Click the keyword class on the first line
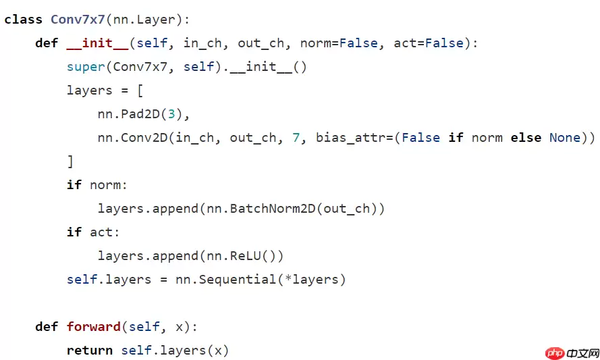pos(23,20)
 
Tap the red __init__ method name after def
pos(97,43)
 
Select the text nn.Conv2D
pos(132,138)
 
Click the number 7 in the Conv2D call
pos(296,138)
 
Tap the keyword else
pos(526,138)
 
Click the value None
pos(565,138)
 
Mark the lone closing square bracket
pos(70,161)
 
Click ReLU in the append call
pos(246,256)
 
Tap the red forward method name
pos(93,327)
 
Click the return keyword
pos(90,351)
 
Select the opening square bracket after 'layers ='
pos(140,91)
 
